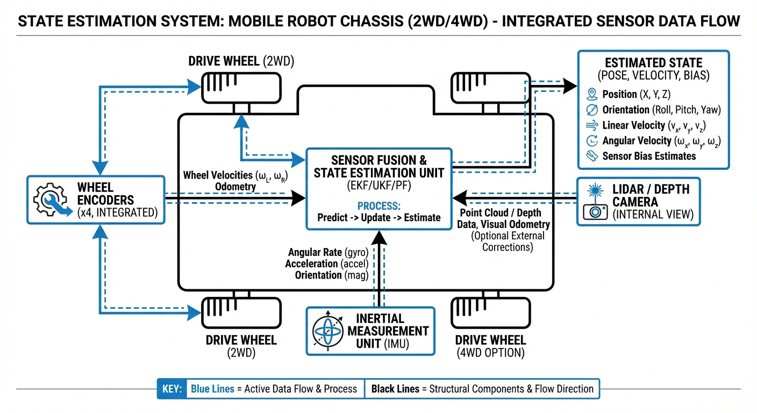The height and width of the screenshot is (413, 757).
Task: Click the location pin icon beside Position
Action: tap(592, 94)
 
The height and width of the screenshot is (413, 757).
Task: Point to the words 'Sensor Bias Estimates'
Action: tap(649, 156)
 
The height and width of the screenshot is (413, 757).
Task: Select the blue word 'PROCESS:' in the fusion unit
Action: tap(379, 205)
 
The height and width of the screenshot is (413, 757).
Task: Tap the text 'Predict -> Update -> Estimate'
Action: tap(379, 218)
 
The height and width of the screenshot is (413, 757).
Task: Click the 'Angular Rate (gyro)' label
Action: tap(327, 252)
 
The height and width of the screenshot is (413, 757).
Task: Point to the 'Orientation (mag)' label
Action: tap(331, 275)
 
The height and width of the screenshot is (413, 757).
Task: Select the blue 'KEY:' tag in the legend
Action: tap(172, 388)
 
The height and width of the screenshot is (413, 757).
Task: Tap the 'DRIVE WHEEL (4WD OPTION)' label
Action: tap(490, 346)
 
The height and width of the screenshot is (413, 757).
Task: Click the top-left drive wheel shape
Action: tap(241, 88)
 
